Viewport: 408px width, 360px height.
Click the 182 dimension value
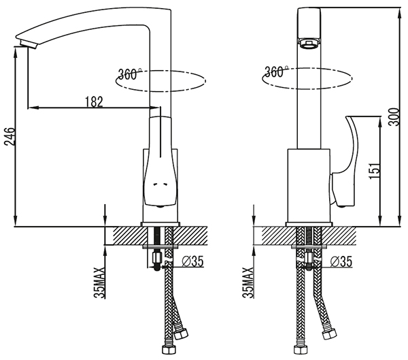[95, 102]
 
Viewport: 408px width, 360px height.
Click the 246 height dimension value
[9, 137]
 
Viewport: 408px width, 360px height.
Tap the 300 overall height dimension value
[393, 116]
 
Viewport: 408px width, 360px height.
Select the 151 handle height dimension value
[374, 171]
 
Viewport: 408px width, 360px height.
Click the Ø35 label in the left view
[192, 261]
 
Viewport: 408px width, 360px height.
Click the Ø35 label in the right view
[341, 261]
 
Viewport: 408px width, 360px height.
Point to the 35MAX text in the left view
[100, 282]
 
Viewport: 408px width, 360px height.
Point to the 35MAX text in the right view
[248, 282]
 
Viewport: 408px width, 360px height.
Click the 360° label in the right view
[276, 71]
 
